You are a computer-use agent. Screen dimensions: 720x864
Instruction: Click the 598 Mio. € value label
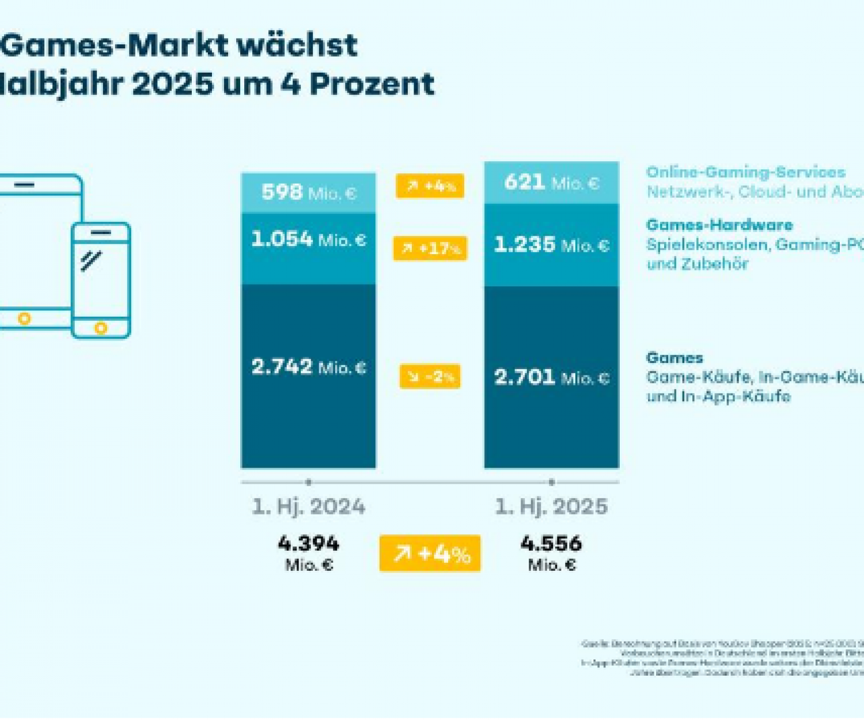pyautogui.click(x=309, y=192)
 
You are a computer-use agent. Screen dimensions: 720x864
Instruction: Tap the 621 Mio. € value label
pyautogui.click(x=552, y=183)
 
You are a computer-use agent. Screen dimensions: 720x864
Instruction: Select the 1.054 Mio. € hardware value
pyautogui.click(x=309, y=239)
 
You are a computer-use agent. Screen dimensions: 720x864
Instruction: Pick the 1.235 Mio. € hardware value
pyautogui.click(x=552, y=245)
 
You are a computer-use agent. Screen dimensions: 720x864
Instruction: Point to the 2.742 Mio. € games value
pyautogui.click(x=309, y=367)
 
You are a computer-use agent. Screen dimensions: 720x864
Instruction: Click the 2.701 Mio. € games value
pyautogui.click(x=552, y=377)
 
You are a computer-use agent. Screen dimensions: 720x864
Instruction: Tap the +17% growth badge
pyautogui.click(x=430, y=248)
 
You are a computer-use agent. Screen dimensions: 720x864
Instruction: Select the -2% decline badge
pyautogui.click(x=430, y=377)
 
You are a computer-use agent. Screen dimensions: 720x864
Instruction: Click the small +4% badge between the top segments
pyautogui.click(x=430, y=186)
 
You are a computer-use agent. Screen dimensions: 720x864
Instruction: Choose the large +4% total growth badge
pyautogui.click(x=430, y=554)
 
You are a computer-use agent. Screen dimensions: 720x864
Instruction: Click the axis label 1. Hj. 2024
pyautogui.click(x=309, y=507)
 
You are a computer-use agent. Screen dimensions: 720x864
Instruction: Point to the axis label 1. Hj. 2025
pyautogui.click(x=552, y=507)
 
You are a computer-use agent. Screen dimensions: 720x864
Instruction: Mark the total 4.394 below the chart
pyautogui.click(x=309, y=544)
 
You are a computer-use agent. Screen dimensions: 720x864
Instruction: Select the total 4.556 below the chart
pyautogui.click(x=552, y=544)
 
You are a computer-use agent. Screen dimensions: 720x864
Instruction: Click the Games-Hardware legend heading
pyautogui.click(x=719, y=225)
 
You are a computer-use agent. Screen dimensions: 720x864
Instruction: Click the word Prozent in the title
pyautogui.click(x=372, y=84)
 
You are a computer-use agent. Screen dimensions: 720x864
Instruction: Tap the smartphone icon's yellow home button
pyautogui.click(x=101, y=328)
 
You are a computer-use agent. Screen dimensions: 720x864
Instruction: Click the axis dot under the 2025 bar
pyautogui.click(x=552, y=482)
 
